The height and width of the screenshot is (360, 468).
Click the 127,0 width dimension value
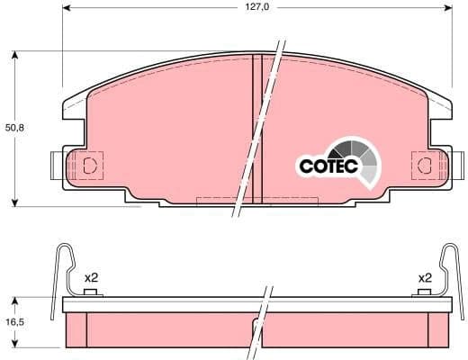coord(257,7)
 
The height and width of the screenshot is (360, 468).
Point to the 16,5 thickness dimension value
coord(15,320)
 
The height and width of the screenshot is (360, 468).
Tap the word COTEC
coord(328,166)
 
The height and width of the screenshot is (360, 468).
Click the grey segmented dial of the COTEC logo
coord(353,152)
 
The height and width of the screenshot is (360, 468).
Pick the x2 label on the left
coord(90,278)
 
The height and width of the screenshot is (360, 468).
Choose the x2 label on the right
coord(425,278)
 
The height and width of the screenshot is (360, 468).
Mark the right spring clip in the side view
coord(448,270)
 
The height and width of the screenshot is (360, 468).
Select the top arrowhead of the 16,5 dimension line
coord(16,301)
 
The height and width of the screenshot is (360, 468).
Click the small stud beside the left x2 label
coord(89,292)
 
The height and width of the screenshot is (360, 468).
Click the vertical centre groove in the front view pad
coord(256,126)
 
